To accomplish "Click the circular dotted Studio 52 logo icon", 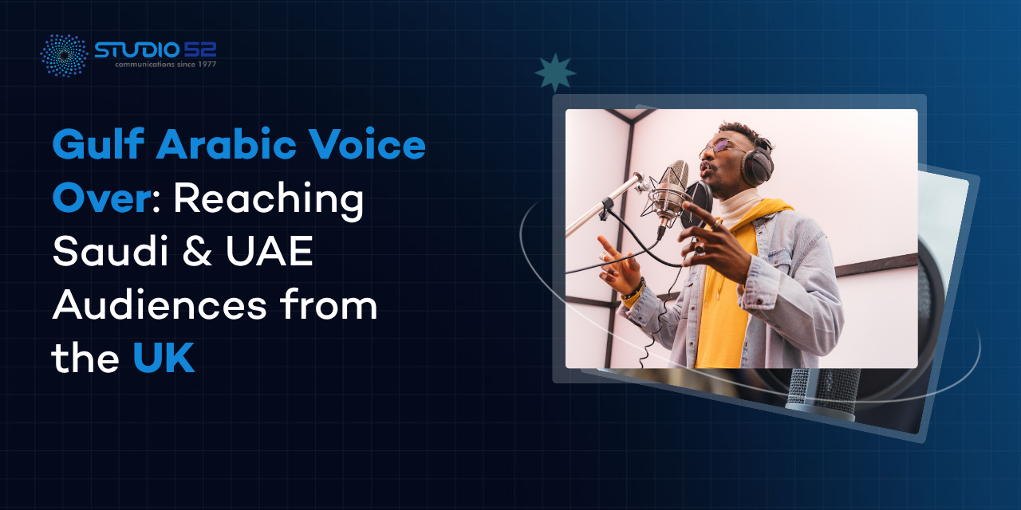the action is (x=65, y=55).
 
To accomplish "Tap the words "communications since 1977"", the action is (x=165, y=65).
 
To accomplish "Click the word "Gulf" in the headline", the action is (x=99, y=144).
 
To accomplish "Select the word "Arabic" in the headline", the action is (x=227, y=144).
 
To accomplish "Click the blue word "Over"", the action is (x=101, y=197).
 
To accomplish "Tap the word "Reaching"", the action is (x=269, y=200).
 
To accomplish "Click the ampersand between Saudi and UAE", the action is (x=197, y=251).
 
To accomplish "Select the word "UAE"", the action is (x=270, y=251).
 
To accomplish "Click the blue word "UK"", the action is (x=164, y=358).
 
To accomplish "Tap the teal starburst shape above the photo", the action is (x=555, y=73).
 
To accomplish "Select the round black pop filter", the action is (x=696, y=204).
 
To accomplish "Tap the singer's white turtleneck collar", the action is (x=738, y=208).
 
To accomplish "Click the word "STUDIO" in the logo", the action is (x=136, y=50).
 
